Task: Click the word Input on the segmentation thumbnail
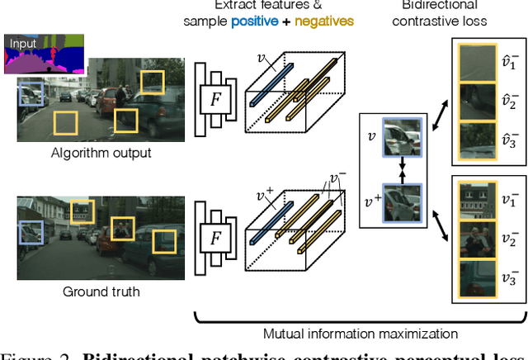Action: click(x=23, y=42)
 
